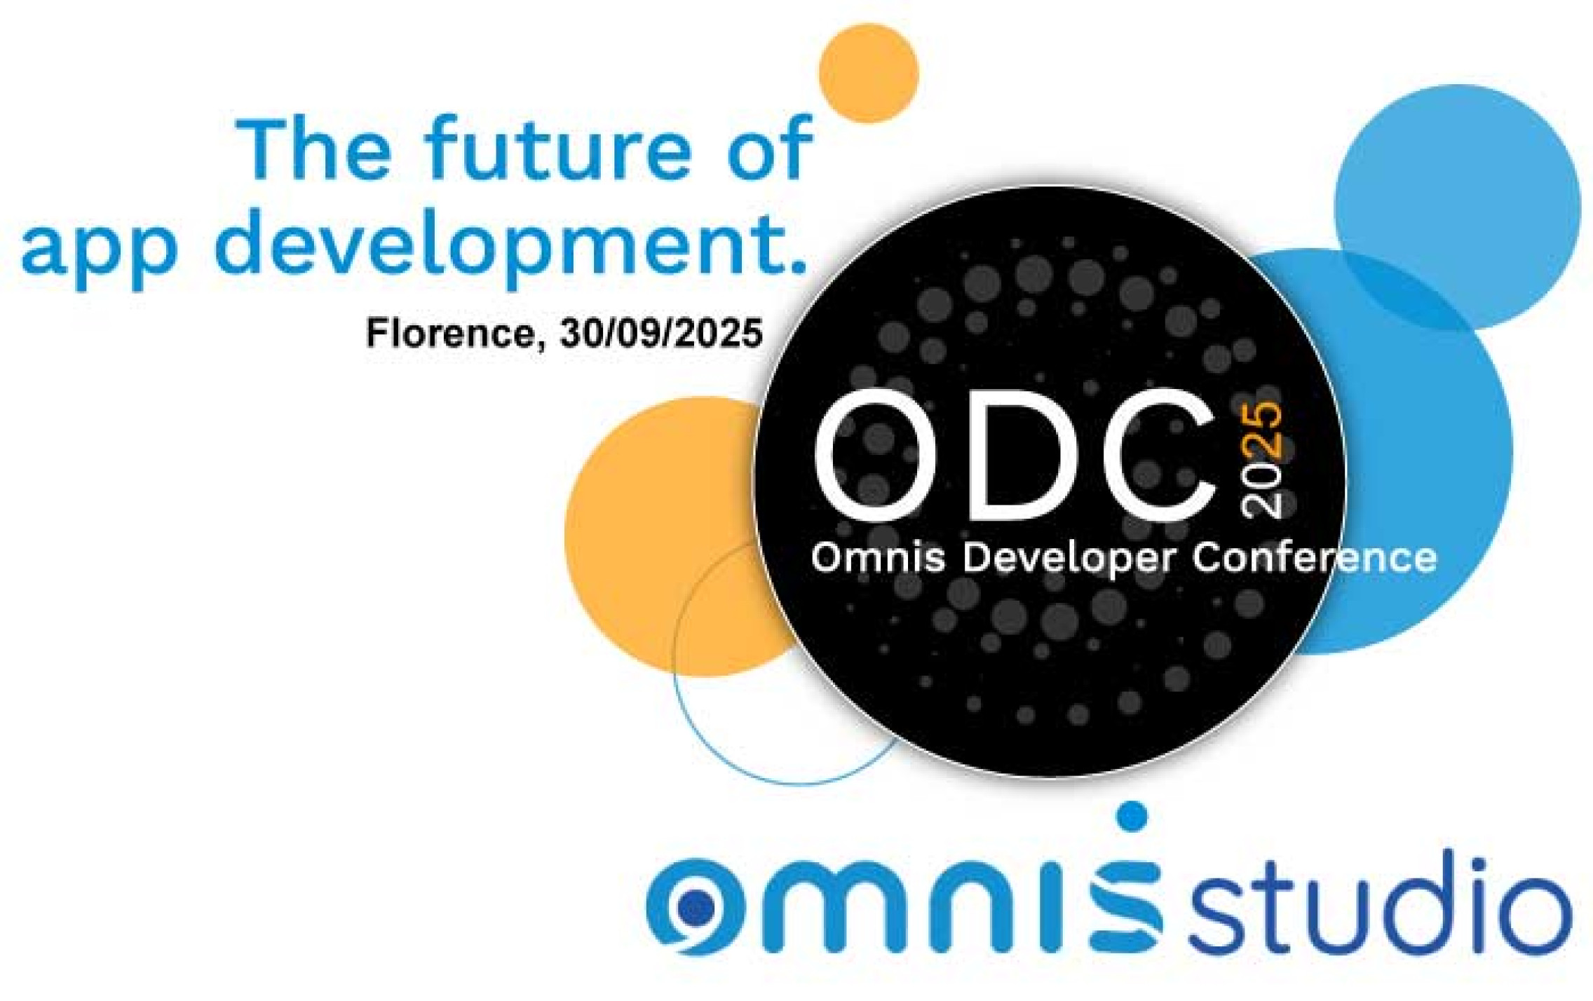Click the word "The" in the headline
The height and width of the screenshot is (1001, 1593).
pyautogui.click(x=313, y=149)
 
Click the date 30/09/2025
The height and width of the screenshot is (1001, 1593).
pyautogui.click(x=661, y=333)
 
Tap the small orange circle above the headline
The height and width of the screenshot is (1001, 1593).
pyautogui.click(x=868, y=73)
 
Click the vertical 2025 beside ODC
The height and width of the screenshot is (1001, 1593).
pyautogui.click(x=1261, y=460)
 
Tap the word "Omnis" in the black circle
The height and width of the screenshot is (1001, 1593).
pyautogui.click(x=878, y=558)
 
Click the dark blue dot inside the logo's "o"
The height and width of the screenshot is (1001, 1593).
pyautogui.click(x=695, y=908)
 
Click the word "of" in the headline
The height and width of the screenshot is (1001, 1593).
pyautogui.click(x=770, y=149)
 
